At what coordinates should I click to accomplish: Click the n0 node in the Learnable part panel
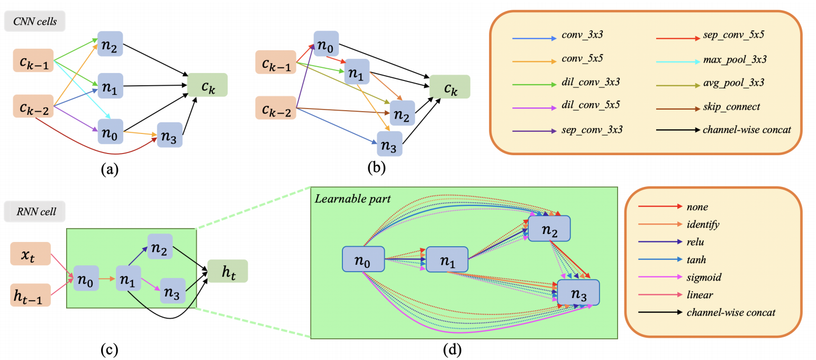click(362, 260)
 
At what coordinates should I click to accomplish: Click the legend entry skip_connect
click(732, 107)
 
